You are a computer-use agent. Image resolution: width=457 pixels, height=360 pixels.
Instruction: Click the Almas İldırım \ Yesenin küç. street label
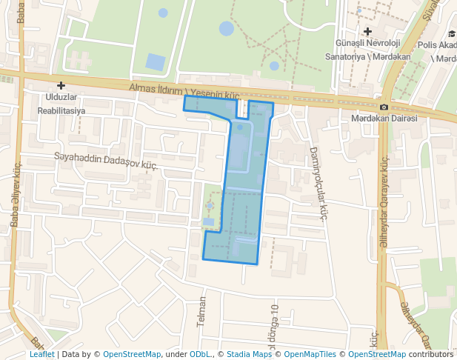click(185, 90)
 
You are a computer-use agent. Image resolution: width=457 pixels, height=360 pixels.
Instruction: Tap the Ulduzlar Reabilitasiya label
click(61, 104)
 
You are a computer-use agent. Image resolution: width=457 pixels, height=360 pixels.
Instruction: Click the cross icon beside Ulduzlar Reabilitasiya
click(61, 86)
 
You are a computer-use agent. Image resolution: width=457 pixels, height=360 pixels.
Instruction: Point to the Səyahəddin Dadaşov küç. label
click(107, 161)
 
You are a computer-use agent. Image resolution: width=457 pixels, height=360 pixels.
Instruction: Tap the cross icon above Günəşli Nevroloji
click(368, 31)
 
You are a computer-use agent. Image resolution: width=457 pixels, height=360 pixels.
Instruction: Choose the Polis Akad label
click(437, 45)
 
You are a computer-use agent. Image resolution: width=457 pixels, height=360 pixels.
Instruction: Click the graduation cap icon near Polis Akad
click(451, 34)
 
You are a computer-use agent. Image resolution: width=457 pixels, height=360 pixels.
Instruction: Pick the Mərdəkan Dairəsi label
click(384, 119)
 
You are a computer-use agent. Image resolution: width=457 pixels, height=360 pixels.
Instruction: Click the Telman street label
click(201, 312)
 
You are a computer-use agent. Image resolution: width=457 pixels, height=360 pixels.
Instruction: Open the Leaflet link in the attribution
click(41, 354)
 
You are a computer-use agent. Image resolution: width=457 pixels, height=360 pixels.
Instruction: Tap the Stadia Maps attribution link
click(249, 354)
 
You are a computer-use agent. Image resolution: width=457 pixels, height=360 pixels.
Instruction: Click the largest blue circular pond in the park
click(227, 29)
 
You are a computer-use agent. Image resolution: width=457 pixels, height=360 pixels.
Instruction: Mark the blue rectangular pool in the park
click(156, 62)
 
